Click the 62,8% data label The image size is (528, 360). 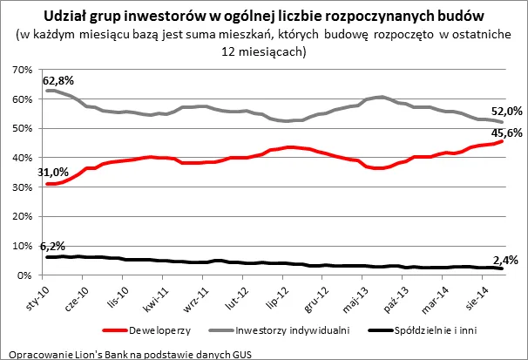pyautogui.click(x=63, y=80)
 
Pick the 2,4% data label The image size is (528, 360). pyautogui.click(x=506, y=260)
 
